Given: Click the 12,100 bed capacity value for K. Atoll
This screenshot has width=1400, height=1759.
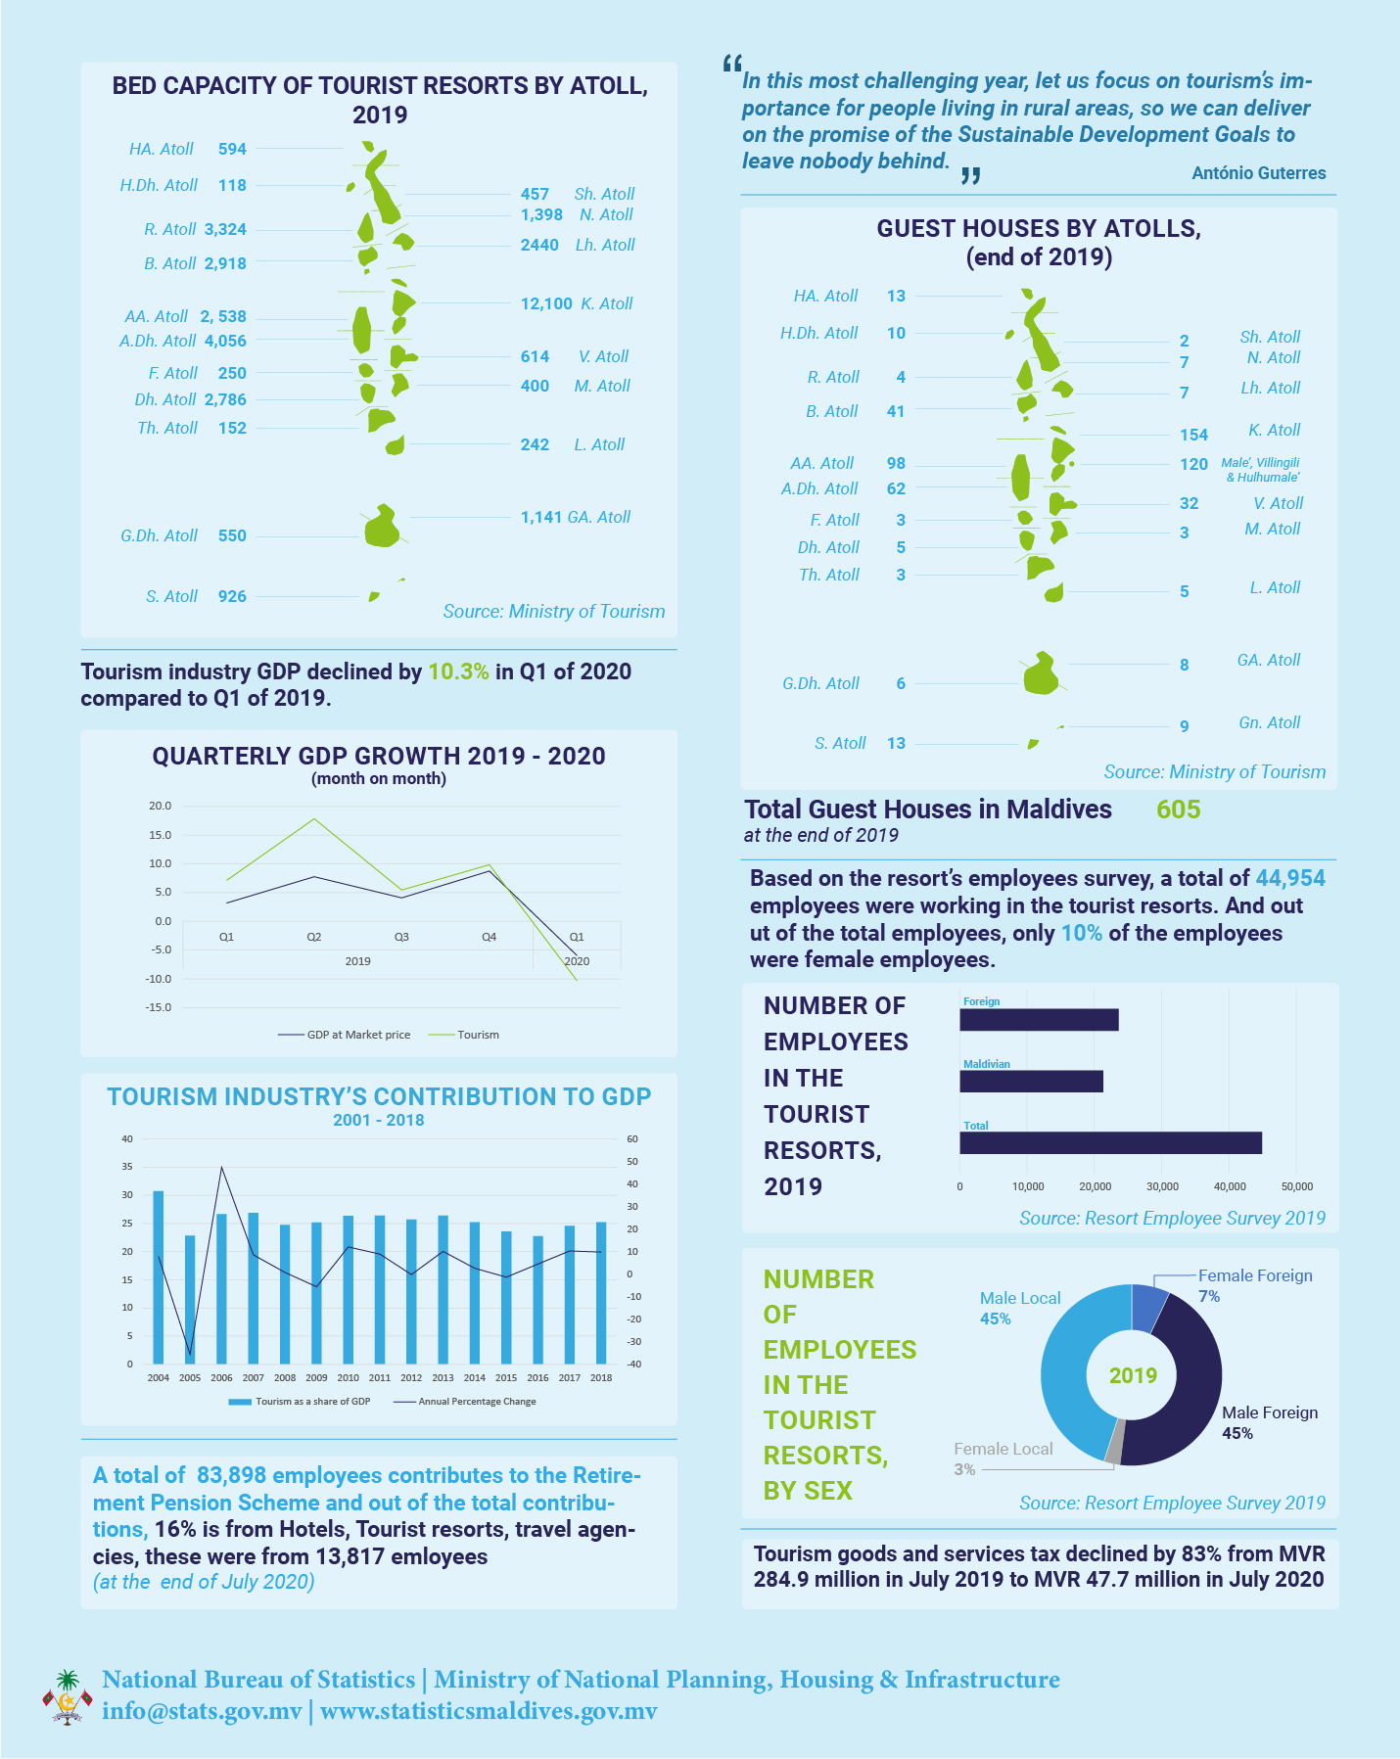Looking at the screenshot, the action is coord(546,303).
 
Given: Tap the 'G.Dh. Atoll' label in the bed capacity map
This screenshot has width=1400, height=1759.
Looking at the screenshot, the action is coord(160,535).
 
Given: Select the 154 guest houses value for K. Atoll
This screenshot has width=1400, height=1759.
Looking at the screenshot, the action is coord(1193,435).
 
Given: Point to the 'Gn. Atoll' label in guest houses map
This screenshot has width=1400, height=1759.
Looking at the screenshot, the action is coord(1269,722).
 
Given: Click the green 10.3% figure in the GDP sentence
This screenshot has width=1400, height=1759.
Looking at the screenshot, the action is coord(458,671).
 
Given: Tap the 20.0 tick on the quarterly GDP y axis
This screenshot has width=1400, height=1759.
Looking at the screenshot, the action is coord(160,806).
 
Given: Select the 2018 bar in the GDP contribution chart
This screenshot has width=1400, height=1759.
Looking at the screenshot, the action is coord(601,1293).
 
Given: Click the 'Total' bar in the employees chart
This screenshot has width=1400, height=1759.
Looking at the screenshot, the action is coord(1110,1143).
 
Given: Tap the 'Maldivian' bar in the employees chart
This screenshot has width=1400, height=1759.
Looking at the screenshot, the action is coord(1031,1082).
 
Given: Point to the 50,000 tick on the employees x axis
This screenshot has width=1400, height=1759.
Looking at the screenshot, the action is coord(1297,1186).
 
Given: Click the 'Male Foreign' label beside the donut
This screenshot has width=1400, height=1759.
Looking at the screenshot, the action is coord(1270,1412).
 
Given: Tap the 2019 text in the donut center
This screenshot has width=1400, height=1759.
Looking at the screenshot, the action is coord(1133,1375).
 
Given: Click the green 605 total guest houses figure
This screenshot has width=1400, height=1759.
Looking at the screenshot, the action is coord(1178,810).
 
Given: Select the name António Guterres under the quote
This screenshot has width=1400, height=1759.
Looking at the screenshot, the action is coord(1259,173).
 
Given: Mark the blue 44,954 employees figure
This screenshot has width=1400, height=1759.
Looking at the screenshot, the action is coord(1290,878).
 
